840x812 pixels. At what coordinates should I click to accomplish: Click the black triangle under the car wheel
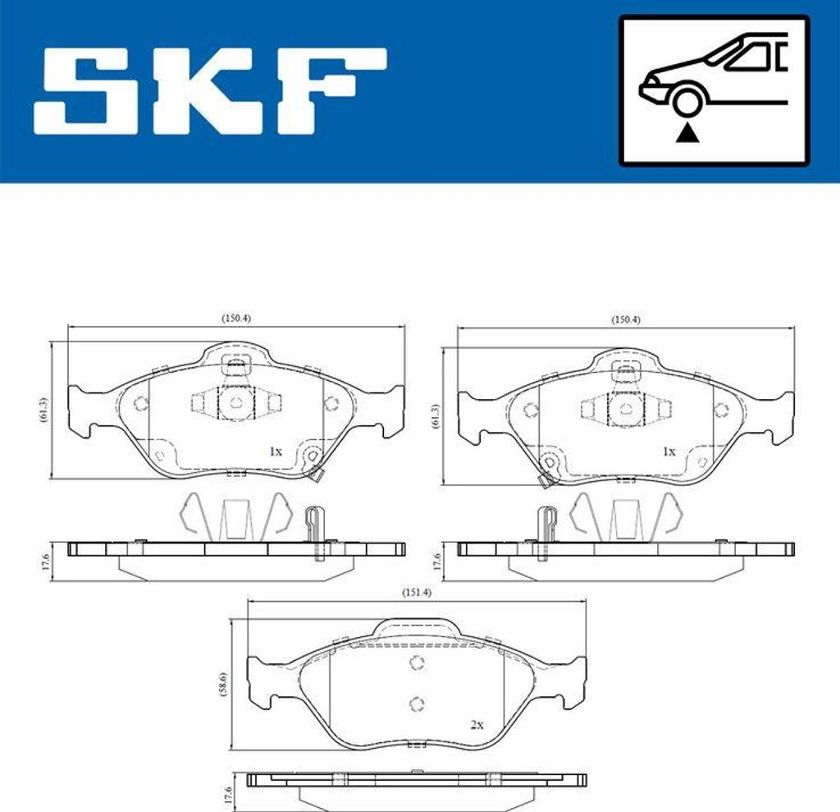tap(685, 132)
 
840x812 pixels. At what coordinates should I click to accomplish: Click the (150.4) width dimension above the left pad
tap(235, 319)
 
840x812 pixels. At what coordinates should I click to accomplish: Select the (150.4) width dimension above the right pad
tap(626, 319)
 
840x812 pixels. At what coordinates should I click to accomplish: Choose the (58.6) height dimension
tap(224, 684)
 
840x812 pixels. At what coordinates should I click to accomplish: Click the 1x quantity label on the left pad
tap(276, 451)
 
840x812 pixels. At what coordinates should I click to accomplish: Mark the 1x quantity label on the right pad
tap(669, 451)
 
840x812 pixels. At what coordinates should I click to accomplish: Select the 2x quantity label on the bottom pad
tap(477, 724)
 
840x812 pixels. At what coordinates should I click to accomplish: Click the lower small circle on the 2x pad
tap(416, 702)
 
